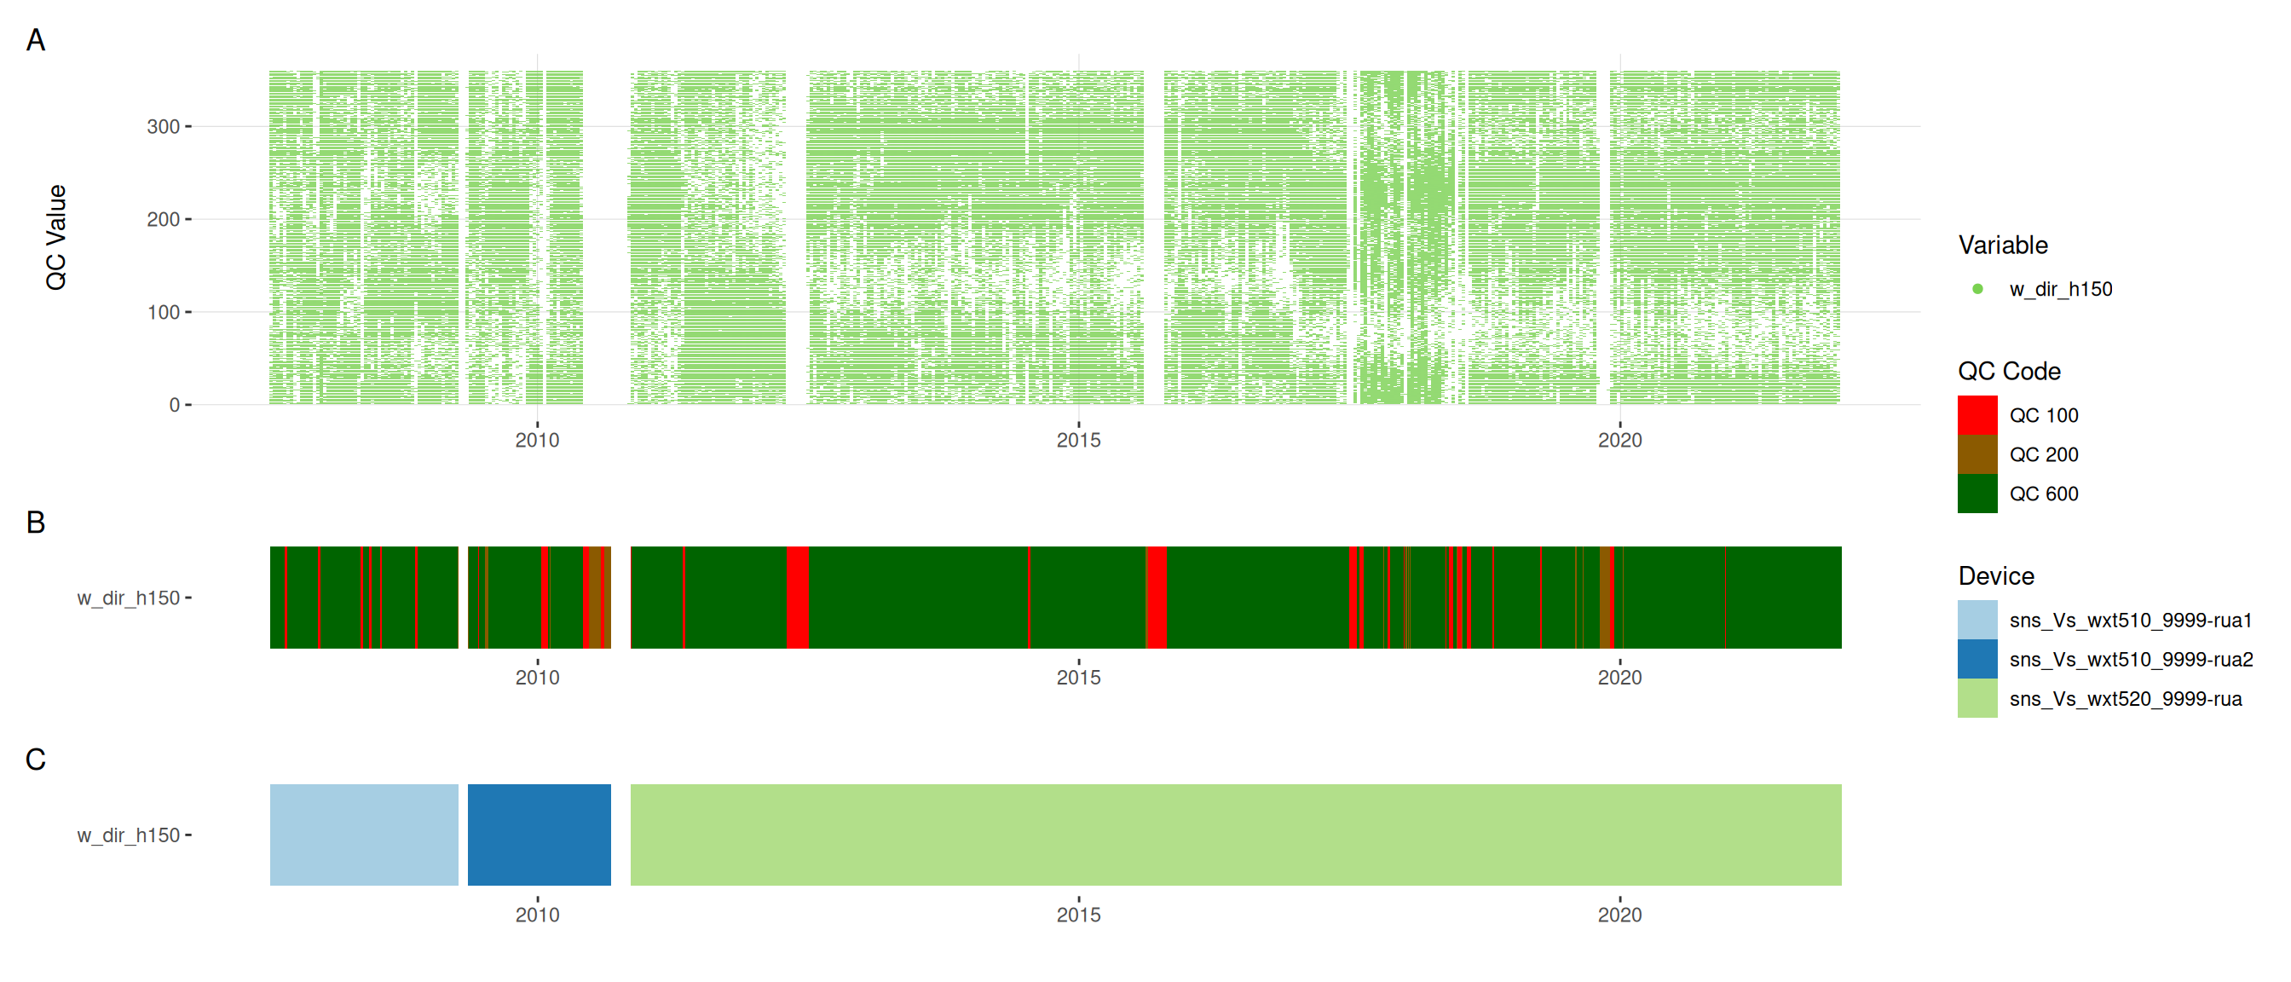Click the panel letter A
pos(36,40)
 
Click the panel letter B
pos(36,523)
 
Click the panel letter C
pos(36,760)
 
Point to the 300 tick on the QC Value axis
pos(163,126)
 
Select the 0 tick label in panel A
pos(175,405)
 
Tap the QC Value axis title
pos(56,237)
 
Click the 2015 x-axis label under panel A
pos(1078,439)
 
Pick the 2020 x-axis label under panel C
pos(1619,915)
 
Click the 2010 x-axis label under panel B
pos(537,677)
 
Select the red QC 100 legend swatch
pos(1977,415)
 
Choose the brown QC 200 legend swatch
pos(1977,454)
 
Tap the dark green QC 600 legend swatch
pos(1977,494)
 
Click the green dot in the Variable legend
pos(1977,289)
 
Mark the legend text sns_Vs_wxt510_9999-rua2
pos(2131,659)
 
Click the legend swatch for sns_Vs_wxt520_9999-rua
pos(1977,698)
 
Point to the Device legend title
pos(1996,575)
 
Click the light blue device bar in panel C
pos(364,835)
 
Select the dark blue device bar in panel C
pos(539,835)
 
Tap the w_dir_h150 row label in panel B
pos(129,598)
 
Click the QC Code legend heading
pos(2009,371)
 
